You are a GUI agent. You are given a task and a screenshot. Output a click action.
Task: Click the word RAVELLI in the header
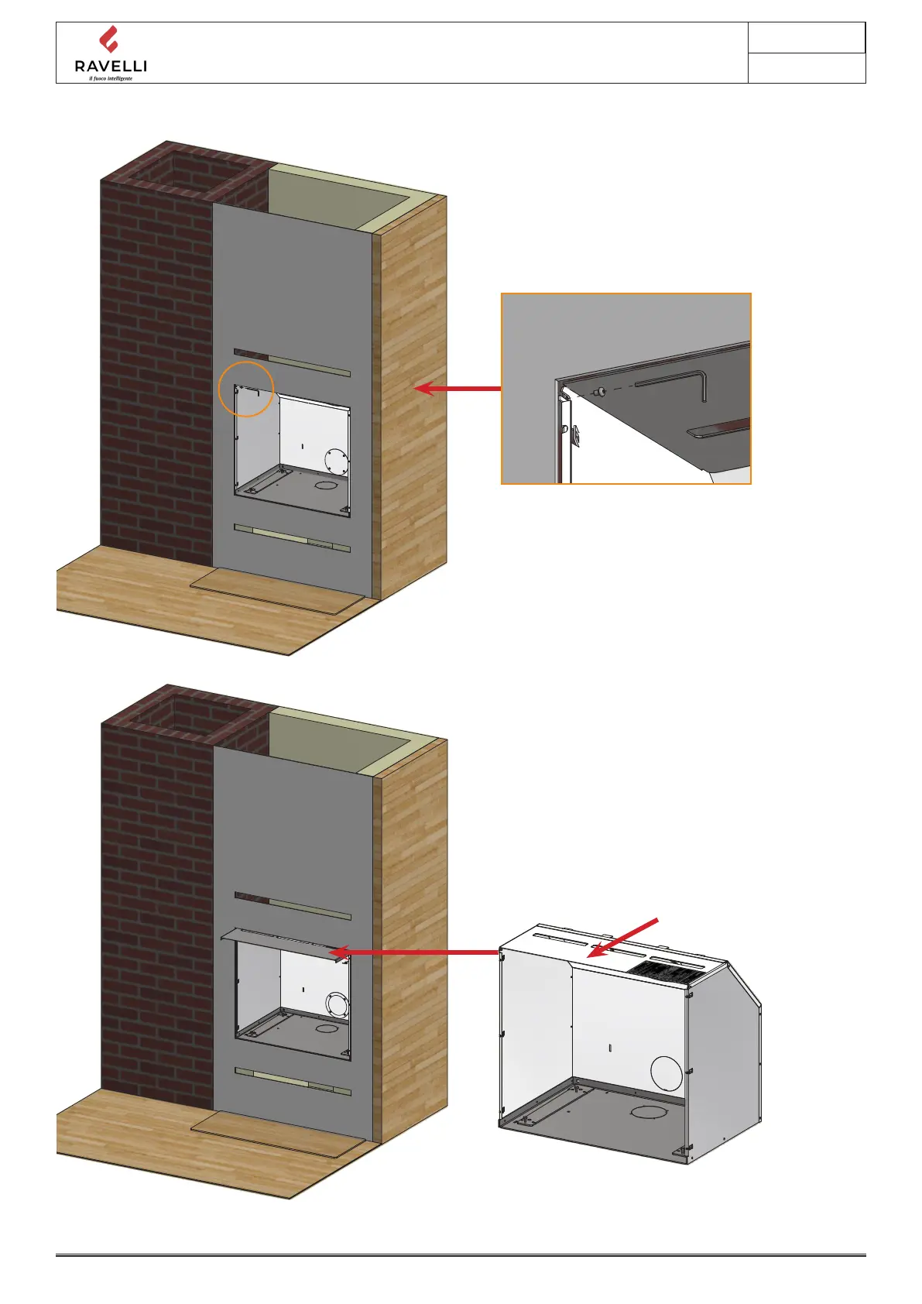tap(111, 67)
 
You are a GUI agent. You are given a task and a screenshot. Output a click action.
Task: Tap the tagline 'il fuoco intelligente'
tap(111, 78)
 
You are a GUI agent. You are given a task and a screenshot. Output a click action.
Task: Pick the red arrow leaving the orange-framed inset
tap(458, 388)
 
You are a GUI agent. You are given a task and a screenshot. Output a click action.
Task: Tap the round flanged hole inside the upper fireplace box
tap(337, 462)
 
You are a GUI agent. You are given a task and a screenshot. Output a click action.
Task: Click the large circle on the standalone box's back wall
tap(667, 1073)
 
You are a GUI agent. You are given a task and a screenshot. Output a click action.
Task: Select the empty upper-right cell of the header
tap(806, 38)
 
